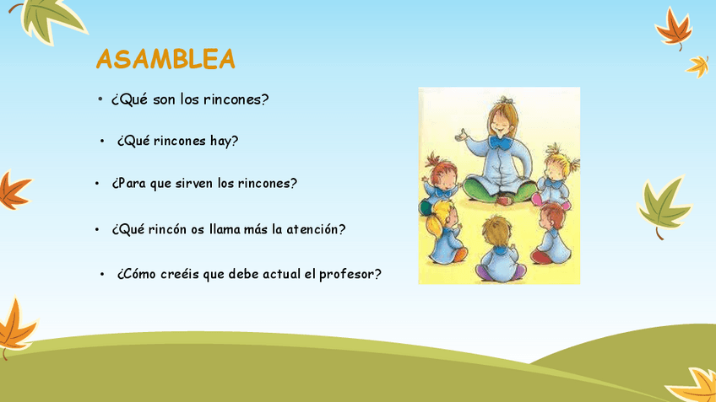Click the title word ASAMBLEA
click(x=165, y=59)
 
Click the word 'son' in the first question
click(x=165, y=99)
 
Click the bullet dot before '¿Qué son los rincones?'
click(x=100, y=99)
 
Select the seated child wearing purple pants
click(x=500, y=249)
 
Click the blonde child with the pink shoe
click(x=555, y=178)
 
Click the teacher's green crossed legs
click(x=499, y=190)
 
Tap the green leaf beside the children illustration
click(x=664, y=206)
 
